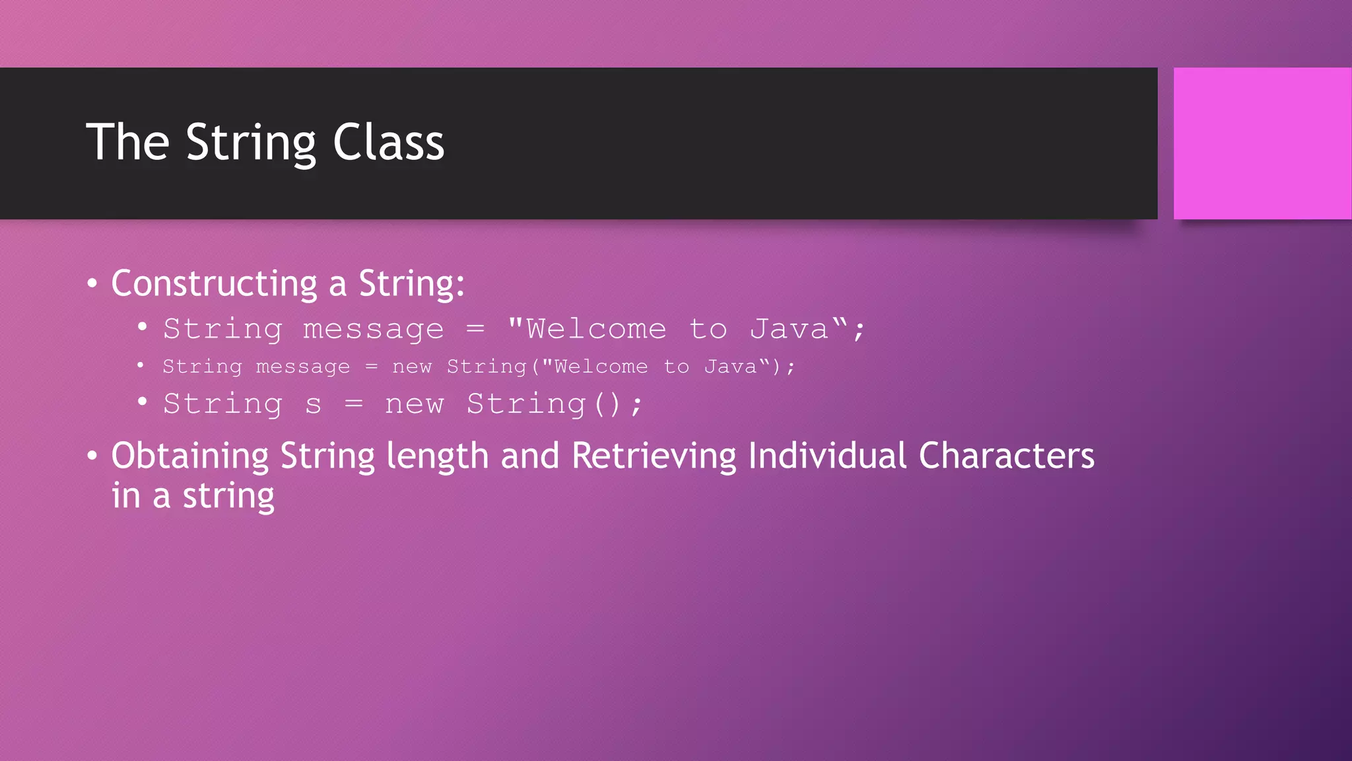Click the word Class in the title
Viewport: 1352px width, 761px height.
[x=388, y=142]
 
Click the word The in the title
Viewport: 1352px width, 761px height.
[x=128, y=142]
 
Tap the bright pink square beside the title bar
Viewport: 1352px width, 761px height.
[x=1262, y=143]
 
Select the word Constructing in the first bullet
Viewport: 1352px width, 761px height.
[x=214, y=284]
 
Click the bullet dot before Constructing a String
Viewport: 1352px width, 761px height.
[x=92, y=284]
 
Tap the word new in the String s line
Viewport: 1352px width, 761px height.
[x=415, y=404]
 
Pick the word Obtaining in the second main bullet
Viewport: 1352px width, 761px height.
[x=189, y=456]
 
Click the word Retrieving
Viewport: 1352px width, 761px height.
[x=654, y=456]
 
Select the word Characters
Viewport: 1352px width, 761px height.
[x=1006, y=456]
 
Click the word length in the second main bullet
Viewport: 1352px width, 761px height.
[x=437, y=456]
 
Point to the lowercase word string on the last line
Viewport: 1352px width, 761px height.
[x=228, y=497]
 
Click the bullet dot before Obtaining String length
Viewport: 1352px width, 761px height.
[x=92, y=456]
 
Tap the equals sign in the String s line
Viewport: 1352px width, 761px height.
[x=354, y=404]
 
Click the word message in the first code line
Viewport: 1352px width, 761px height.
[x=373, y=329]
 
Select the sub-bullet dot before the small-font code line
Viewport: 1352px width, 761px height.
[x=141, y=365]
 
